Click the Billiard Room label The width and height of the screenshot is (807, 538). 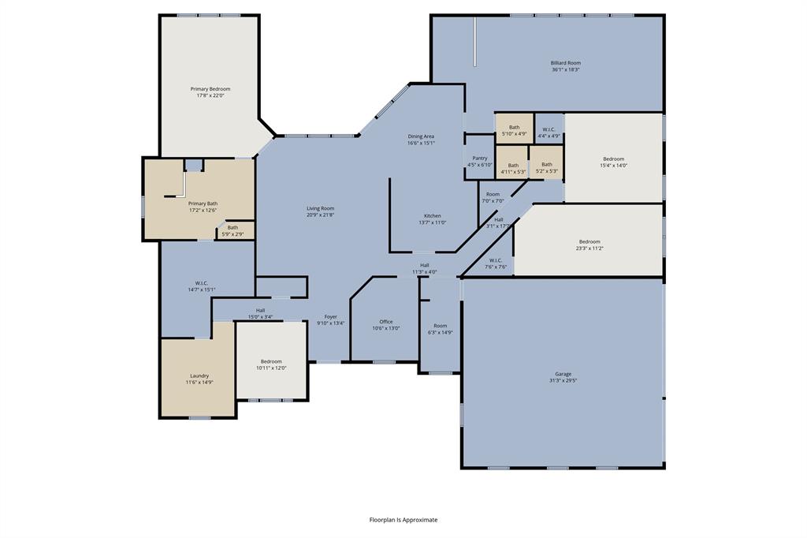click(x=566, y=62)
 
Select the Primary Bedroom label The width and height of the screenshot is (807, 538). click(x=210, y=89)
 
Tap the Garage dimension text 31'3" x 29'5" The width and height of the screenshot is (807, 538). click(x=563, y=381)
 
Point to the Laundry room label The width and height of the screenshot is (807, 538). click(x=199, y=375)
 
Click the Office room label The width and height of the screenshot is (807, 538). click(x=385, y=321)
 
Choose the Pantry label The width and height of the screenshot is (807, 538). click(x=480, y=158)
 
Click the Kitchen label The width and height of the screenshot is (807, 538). click(x=433, y=215)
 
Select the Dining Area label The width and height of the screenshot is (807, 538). click(x=421, y=136)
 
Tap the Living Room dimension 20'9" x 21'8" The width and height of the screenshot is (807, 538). click(x=321, y=215)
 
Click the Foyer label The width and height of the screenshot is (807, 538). click(x=331, y=316)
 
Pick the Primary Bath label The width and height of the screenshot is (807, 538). click(x=203, y=204)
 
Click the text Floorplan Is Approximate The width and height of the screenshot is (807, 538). click(x=403, y=520)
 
